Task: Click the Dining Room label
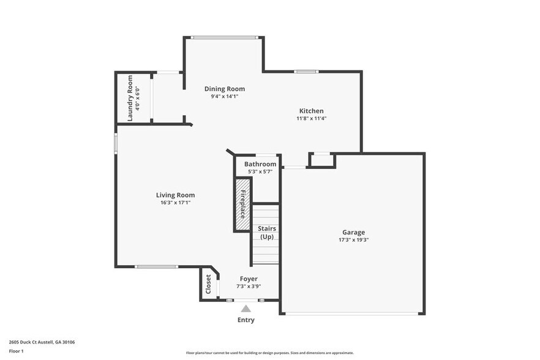click(224, 89)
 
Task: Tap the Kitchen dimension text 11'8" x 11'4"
click(311, 118)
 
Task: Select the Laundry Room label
click(130, 98)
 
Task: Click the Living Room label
click(175, 195)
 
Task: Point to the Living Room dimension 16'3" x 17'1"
click(175, 203)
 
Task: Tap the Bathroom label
click(260, 164)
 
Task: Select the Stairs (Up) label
click(267, 233)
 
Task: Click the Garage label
click(353, 232)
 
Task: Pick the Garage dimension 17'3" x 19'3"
click(353, 240)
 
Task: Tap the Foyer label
click(248, 279)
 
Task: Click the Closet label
click(208, 284)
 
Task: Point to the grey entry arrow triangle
click(246, 309)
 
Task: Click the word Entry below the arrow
click(246, 320)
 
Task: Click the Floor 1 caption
click(16, 351)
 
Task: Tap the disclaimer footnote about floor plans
click(269, 353)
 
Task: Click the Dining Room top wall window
click(223, 37)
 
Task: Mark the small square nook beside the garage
click(321, 160)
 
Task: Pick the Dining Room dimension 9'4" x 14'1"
click(224, 96)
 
